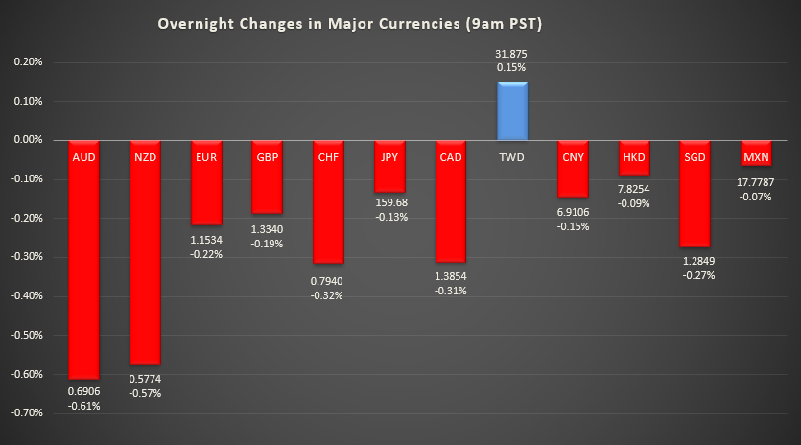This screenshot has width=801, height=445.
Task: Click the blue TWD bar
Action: (511, 110)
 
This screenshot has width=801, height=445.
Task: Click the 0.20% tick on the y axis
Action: (27, 62)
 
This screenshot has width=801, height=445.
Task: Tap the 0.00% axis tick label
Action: (27, 140)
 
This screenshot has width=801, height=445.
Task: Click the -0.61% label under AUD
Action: (84, 406)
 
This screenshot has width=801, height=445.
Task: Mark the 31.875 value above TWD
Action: (511, 54)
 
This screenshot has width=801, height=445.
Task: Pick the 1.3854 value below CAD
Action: (450, 276)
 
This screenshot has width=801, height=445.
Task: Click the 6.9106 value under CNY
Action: (573, 212)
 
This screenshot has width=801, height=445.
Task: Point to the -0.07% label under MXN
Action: (756, 197)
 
